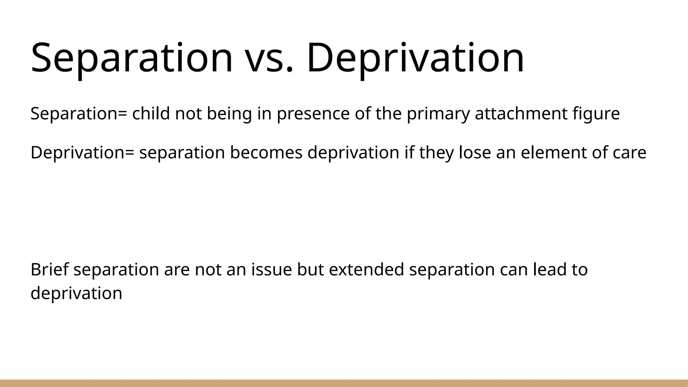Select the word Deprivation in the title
415,58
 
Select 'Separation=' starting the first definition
79,114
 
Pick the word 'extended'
366,270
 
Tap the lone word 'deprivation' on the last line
76,293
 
